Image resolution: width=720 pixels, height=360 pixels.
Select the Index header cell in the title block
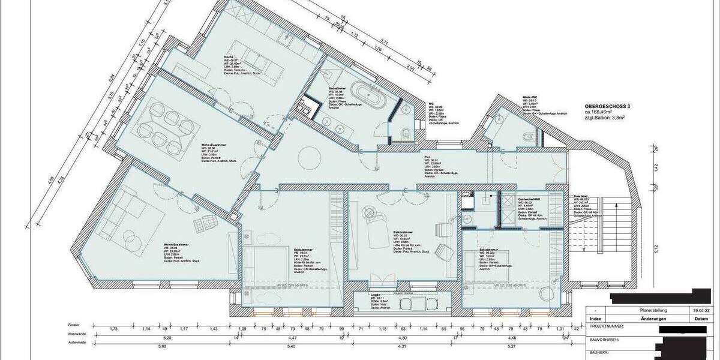coord(595,319)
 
